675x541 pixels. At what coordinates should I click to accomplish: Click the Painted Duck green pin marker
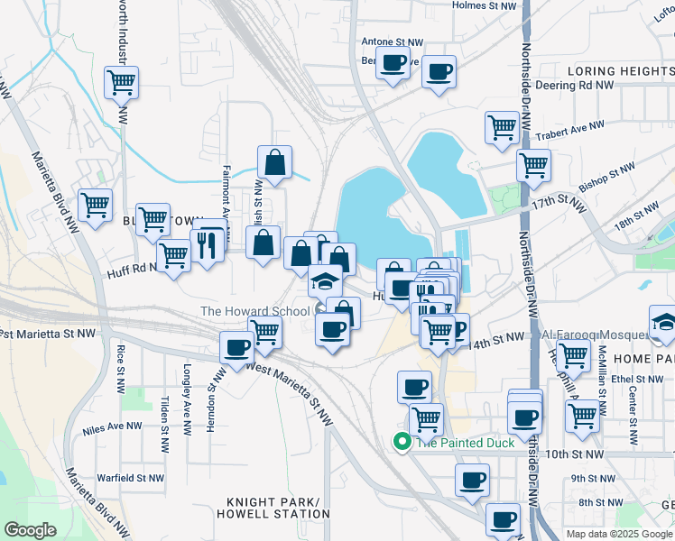[401, 441]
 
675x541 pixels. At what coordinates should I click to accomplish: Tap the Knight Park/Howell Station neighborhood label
[273, 508]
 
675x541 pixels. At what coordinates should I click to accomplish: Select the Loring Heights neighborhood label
[616, 70]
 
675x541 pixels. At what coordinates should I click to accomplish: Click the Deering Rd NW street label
[574, 86]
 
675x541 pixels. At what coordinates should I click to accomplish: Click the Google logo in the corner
[30, 530]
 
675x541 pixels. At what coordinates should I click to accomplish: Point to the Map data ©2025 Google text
[619, 534]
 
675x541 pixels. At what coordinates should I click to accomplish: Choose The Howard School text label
[255, 312]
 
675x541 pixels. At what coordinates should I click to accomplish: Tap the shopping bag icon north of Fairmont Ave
[274, 163]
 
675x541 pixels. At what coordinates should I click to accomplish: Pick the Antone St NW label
[392, 42]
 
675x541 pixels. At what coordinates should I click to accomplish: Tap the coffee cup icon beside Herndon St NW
[238, 346]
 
